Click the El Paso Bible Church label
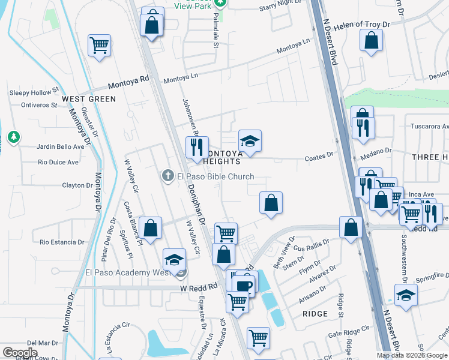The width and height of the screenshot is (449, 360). [x=215, y=176]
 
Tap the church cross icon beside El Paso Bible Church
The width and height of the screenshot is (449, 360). [x=168, y=176]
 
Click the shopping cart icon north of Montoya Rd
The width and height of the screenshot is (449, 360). [x=100, y=45]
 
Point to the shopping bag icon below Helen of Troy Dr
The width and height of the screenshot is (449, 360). [x=372, y=41]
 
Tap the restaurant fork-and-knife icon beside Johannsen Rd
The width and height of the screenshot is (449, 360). [x=197, y=147]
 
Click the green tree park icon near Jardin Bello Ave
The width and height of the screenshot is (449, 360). [x=13, y=138]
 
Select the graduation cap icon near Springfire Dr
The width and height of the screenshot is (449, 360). [x=406, y=295]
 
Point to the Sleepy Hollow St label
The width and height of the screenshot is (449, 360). [x=32, y=93]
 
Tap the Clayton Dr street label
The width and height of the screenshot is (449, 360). [x=76, y=185]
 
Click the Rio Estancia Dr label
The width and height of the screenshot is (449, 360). [x=62, y=242]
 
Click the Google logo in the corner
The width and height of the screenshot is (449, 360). [x=20, y=352]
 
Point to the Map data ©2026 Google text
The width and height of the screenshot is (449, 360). [x=412, y=355]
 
